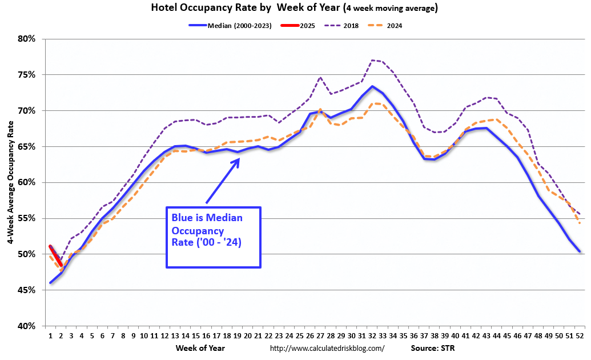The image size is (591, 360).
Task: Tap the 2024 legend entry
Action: [x=395, y=26]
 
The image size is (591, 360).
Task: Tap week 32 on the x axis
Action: [x=372, y=335]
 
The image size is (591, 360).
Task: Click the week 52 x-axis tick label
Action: [x=580, y=335]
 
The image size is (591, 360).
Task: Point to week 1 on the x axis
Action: [x=50, y=335]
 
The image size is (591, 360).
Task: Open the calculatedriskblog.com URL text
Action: [x=327, y=348]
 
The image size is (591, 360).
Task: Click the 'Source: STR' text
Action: [x=432, y=347]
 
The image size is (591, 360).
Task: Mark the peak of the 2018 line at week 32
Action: [x=372, y=60]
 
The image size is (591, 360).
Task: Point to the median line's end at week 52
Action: [x=580, y=251]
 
